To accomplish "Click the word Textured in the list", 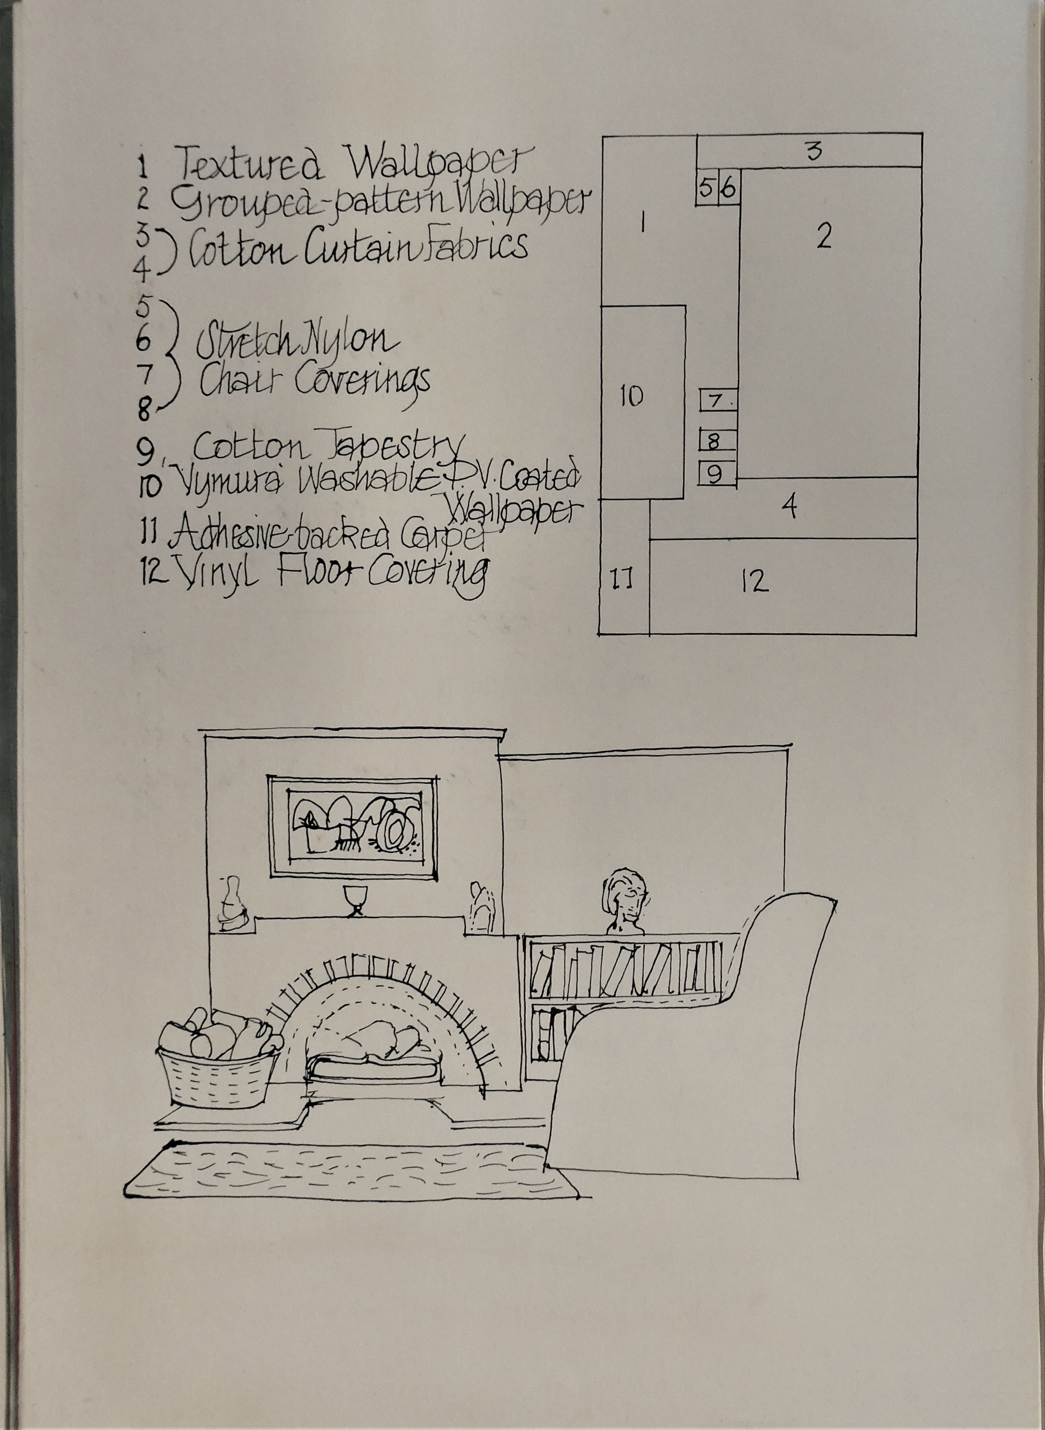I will click(248, 163).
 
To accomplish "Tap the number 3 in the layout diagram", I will click(814, 151).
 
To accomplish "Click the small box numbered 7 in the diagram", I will click(718, 401).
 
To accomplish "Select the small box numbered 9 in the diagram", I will click(717, 474).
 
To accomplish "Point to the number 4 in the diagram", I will click(789, 506).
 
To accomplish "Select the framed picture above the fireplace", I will click(353, 827).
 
